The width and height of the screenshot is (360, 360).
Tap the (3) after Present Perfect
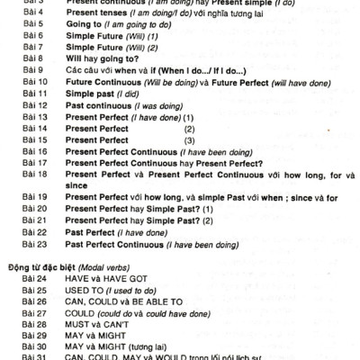[x=189, y=140]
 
